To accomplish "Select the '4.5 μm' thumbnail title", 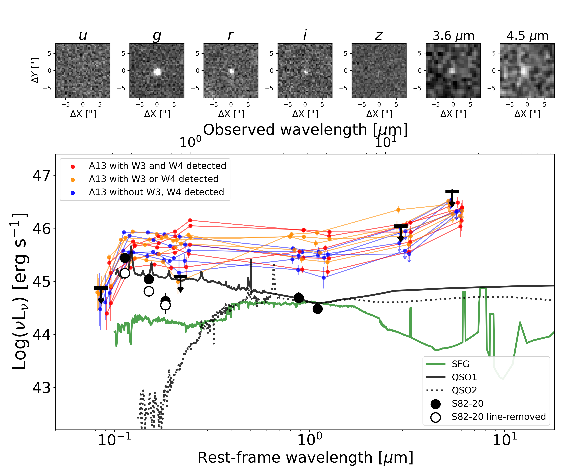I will [x=527, y=36].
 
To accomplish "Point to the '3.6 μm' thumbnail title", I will [x=453, y=36].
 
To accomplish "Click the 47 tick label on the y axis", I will [x=41, y=176].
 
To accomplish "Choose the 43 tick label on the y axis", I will [x=41, y=388].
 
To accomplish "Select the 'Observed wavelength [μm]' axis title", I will [x=305, y=130].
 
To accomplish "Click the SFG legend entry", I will [x=460, y=364].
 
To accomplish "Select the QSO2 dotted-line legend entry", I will [x=464, y=390].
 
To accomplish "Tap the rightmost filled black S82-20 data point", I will [x=318, y=309].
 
